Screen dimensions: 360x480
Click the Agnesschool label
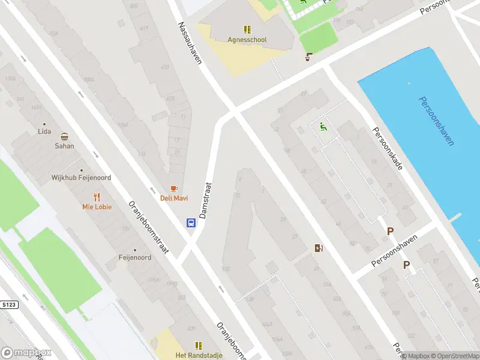[x=247, y=40]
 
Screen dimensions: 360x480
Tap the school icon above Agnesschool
[x=247, y=29]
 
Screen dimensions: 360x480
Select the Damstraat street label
[x=206, y=200]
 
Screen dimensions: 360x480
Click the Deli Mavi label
[x=174, y=198]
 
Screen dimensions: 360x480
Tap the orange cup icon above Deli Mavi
[x=174, y=188]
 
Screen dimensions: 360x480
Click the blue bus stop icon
[x=191, y=223]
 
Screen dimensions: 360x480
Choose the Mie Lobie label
[x=97, y=207]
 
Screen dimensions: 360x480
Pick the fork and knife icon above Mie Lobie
[x=97, y=196]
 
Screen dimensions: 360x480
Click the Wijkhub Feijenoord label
[x=80, y=178]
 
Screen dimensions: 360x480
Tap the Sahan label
[x=64, y=146]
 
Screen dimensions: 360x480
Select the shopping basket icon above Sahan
[x=64, y=136]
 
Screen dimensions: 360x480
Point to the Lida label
[x=44, y=131]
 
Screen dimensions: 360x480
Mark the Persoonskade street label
[x=387, y=148]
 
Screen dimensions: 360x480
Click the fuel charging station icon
[x=319, y=248]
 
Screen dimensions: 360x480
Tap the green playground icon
[x=323, y=127]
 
